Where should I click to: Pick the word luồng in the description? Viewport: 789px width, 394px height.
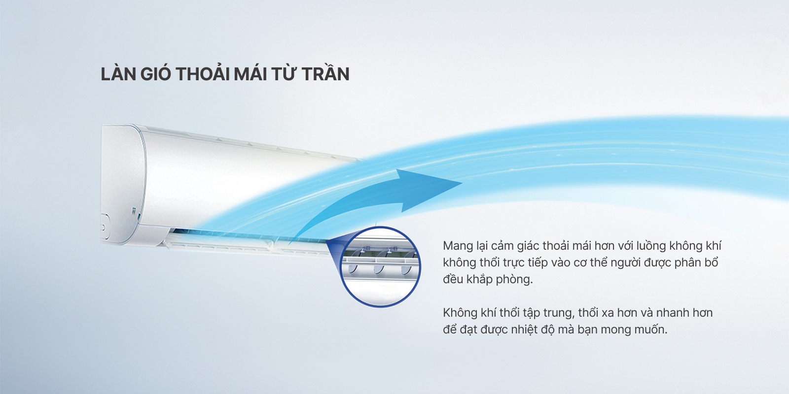pyautogui.click(x=648, y=246)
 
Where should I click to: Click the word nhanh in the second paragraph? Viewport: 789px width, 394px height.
pyautogui.click(x=673, y=313)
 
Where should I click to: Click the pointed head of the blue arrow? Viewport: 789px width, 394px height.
pyautogui.click(x=462, y=183)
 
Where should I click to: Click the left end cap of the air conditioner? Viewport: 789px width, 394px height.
pyautogui.click(x=123, y=184)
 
